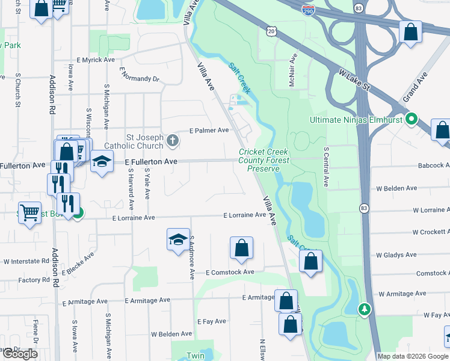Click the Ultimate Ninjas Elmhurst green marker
click(x=411, y=119)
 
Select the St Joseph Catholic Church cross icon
click(x=173, y=142)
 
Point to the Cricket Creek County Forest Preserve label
click(x=264, y=161)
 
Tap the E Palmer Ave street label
click(x=209, y=130)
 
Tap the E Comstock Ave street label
click(x=230, y=273)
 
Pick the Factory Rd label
click(x=34, y=280)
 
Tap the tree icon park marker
click(x=363, y=309)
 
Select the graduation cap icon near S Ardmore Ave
click(x=178, y=240)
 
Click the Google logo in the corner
click(x=20, y=354)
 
